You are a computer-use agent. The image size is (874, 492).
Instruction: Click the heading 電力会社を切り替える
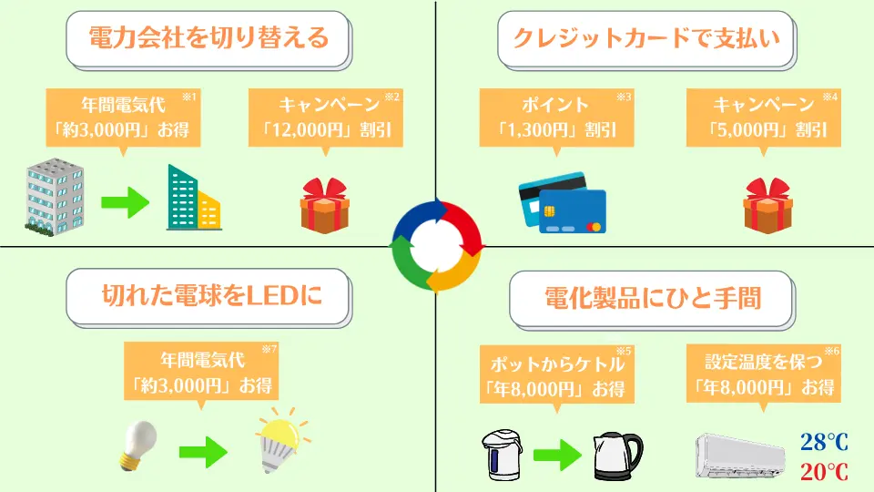[209, 37]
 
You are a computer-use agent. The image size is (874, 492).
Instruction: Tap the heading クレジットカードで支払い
[646, 37]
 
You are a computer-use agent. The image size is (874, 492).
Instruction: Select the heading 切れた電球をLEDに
[212, 295]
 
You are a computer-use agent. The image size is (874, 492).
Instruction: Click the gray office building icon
[55, 197]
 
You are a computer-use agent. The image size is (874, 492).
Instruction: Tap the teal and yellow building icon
[193, 198]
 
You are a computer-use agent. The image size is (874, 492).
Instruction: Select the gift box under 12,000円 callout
[324, 205]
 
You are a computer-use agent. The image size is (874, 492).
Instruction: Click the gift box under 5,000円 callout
[767, 205]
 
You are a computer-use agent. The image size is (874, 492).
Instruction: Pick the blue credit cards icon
[562, 202]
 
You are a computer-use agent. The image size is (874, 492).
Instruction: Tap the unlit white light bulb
[137, 446]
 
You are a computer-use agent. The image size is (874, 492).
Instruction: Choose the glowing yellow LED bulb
[281, 441]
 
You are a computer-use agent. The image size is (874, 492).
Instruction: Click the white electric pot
[502, 455]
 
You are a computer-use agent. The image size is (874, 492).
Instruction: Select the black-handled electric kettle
[617, 456]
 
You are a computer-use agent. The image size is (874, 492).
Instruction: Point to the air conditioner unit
[740, 456]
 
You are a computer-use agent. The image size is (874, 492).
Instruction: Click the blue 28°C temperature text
[825, 443]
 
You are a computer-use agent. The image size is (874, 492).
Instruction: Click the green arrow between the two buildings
[126, 202]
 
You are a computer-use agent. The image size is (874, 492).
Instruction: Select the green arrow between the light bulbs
[203, 451]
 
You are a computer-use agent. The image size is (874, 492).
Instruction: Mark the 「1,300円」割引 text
[556, 130]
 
